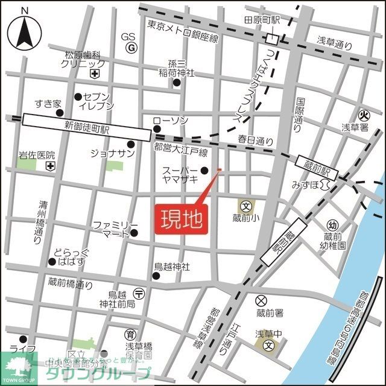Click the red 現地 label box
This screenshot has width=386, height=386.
pyautogui.click(x=183, y=218)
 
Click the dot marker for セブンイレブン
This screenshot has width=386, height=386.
pyautogui.click(x=78, y=97)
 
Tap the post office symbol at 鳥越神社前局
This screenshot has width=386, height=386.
pyautogui.click(x=139, y=293)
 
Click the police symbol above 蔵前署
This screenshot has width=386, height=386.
pyautogui.click(x=261, y=300)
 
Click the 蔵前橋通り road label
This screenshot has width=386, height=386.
pyautogui.click(x=71, y=282)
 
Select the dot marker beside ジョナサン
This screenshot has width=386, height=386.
pyautogui.click(x=131, y=144)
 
